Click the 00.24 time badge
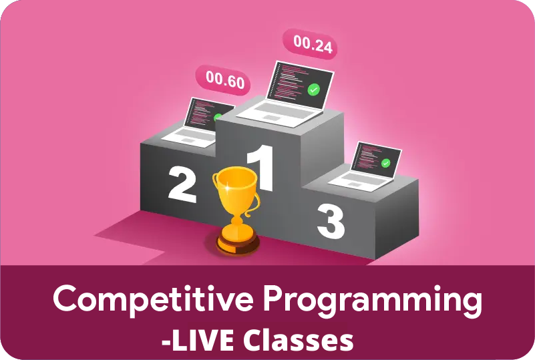point(310,44)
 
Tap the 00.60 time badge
point(223,80)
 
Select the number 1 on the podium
point(261,168)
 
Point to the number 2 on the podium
point(182,184)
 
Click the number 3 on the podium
point(331,222)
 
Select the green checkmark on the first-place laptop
point(313,89)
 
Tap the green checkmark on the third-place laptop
point(385,163)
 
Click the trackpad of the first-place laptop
point(271,118)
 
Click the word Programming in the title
point(372,301)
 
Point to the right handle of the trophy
point(253,205)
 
